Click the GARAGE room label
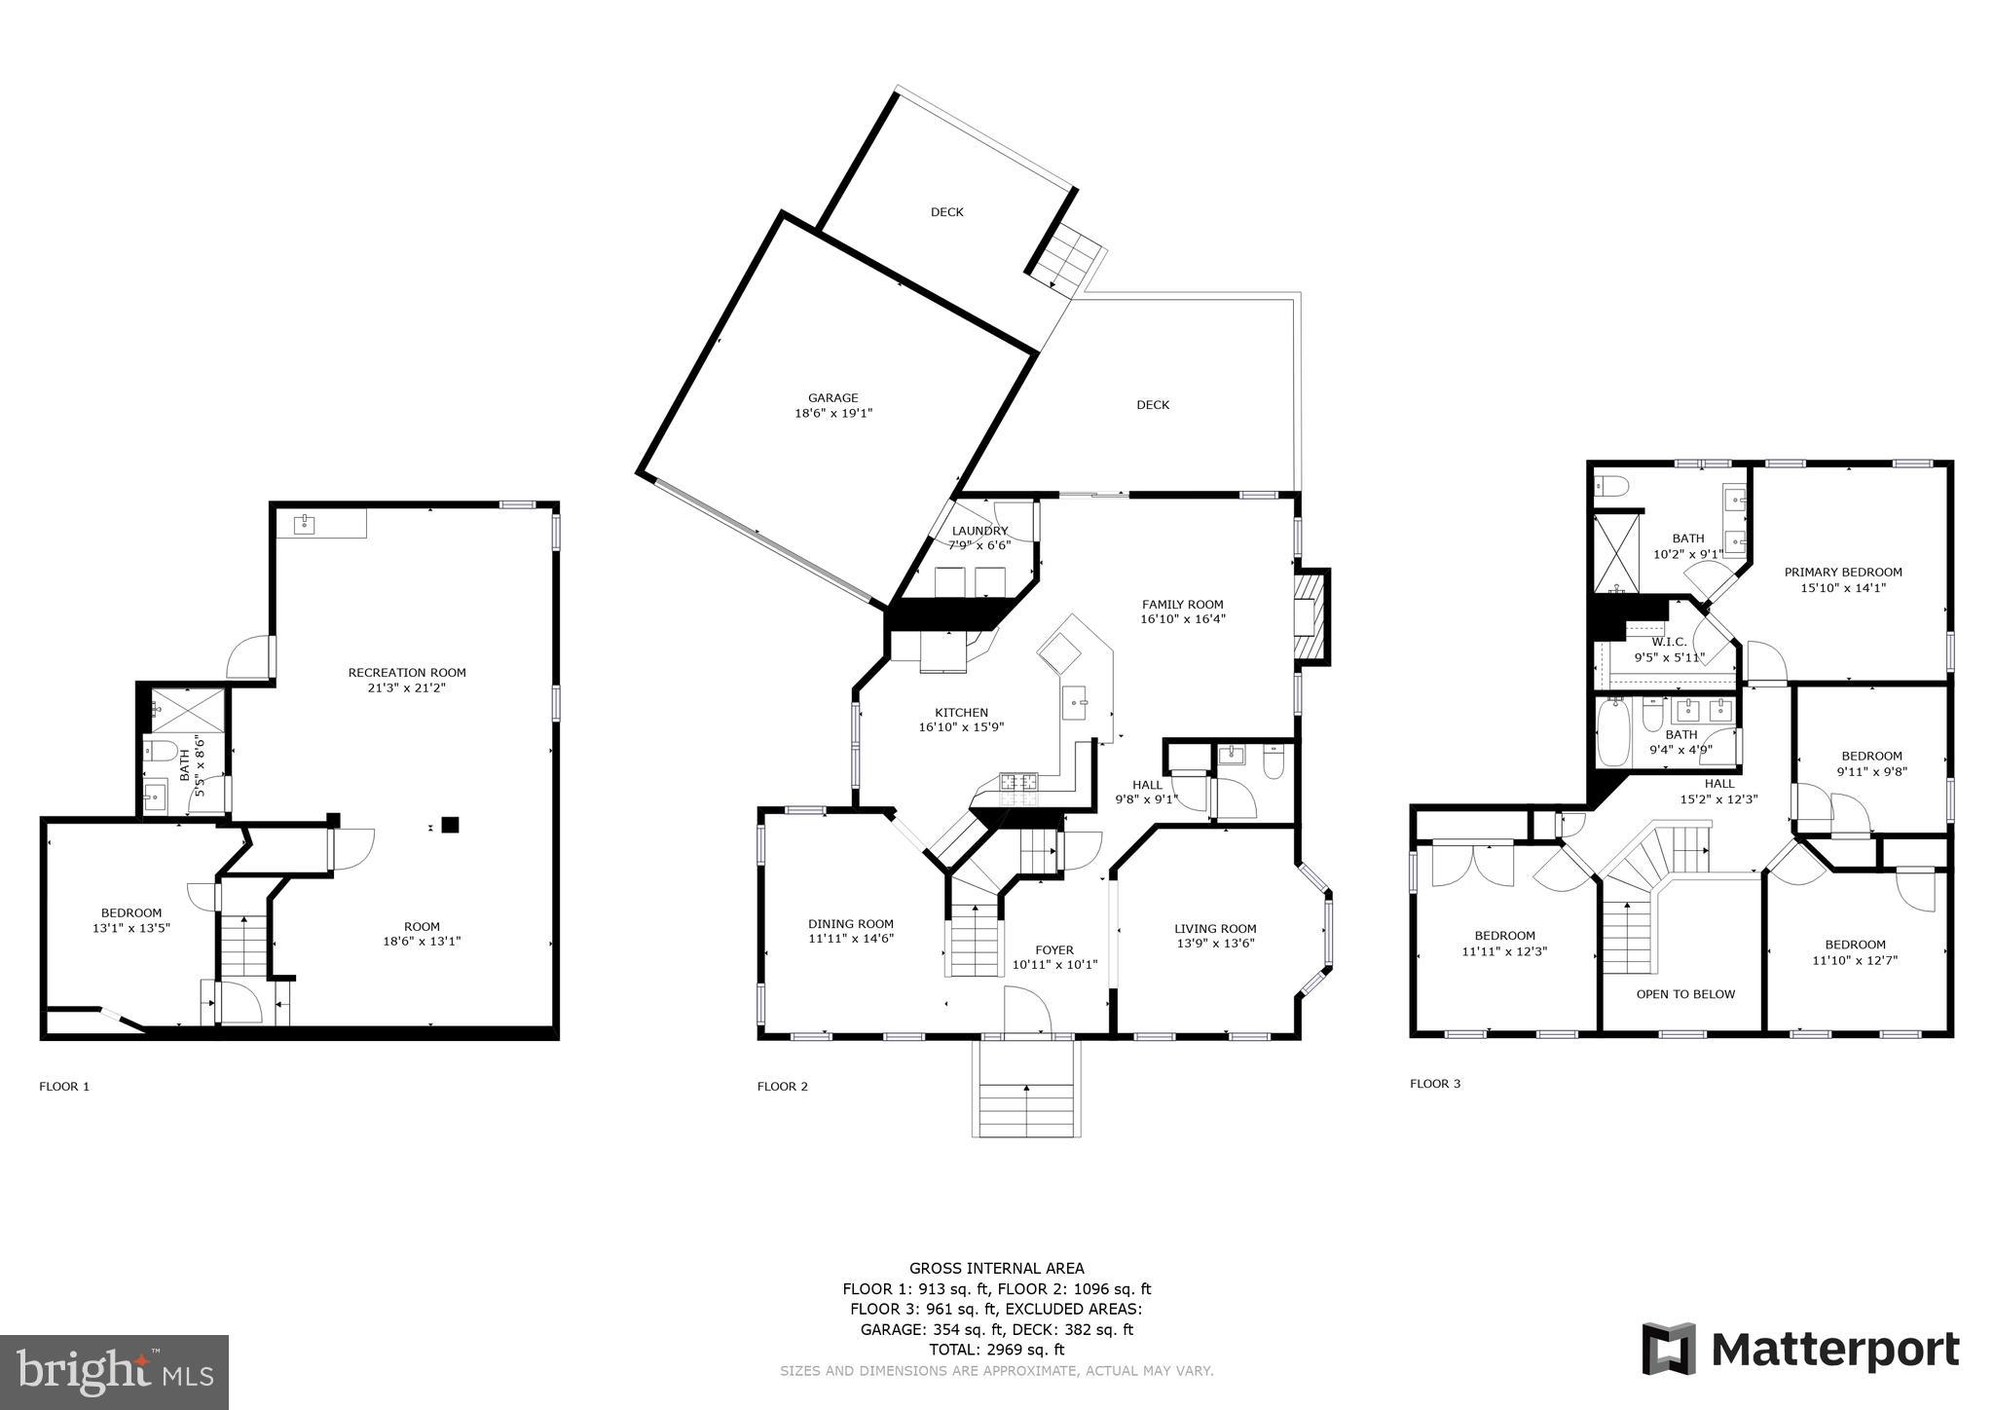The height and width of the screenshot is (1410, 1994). point(832,397)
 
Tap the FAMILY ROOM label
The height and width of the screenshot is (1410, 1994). point(1182,604)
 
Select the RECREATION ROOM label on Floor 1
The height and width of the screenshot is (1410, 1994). point(407,672)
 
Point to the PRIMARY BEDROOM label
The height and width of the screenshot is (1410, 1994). point(1842,572)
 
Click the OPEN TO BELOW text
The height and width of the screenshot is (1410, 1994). point(1685,994)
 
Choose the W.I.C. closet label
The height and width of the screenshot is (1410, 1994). point(1669,642)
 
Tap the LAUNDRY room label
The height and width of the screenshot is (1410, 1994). point(979,531)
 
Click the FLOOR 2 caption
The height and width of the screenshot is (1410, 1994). point(782,1087)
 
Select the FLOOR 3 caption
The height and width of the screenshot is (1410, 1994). point(1434,1083)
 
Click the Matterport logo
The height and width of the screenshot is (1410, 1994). point(1800,1350)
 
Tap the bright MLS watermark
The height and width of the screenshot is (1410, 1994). point(114,1372)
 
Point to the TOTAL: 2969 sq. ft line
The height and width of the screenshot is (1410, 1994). point(996,1350)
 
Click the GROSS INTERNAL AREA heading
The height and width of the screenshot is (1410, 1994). point(996,1268)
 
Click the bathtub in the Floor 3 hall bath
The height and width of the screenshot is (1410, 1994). point(1611,732)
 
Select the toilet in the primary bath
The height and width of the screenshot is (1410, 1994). point(1613,485)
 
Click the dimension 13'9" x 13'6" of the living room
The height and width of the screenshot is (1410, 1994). point(1214,943)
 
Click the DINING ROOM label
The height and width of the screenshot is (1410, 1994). point(850,923)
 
